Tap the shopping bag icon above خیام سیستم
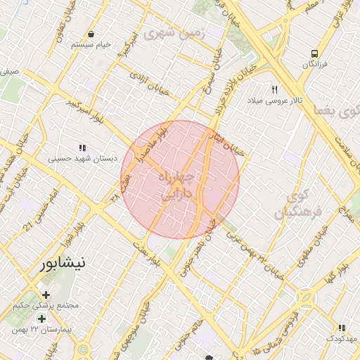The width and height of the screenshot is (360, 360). (92, 34)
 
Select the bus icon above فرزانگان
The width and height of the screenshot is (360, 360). (314, 53)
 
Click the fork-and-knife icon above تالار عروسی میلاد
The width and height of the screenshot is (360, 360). (275, 89)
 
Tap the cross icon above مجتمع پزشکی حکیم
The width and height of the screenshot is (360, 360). (46, 295)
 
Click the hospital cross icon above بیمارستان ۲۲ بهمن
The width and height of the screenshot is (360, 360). (42, 319)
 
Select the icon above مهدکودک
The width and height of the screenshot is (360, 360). (341, 328)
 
